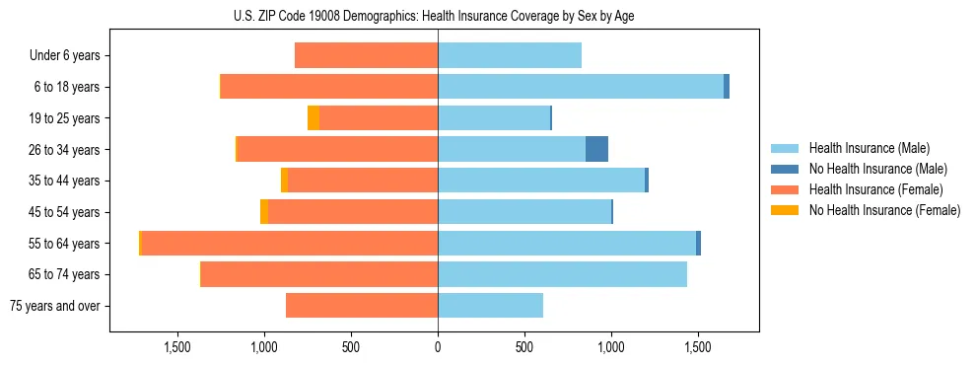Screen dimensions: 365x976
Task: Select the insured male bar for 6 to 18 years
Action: (580, 87)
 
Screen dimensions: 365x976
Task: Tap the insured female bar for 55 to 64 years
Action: (586, 243)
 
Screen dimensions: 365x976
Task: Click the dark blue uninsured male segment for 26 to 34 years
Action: (596, 149)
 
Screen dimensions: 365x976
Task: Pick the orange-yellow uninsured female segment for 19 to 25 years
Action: (314, 118)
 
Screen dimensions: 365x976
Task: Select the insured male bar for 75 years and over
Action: (490, 306)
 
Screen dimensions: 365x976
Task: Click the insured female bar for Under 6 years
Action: (366, 56)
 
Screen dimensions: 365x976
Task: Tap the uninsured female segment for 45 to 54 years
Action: (264, 212)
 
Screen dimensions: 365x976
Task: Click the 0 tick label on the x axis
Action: (438, 347)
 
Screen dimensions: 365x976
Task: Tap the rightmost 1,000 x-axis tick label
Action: (611, 347)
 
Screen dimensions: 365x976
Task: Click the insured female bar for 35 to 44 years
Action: (363, 181)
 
